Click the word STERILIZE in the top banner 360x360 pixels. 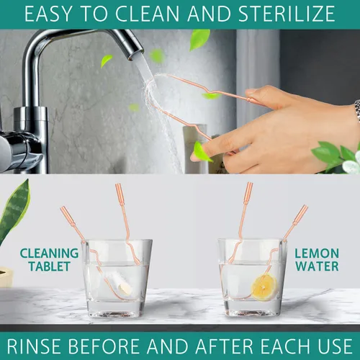pyautogui.click(x=287, y=14)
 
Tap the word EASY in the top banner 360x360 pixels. pyautogui.click(x=48, y=14)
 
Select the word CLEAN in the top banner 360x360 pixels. pyautogui.click(x=148, y=14)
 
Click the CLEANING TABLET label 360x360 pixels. pyautogui.click(x=49, y=260)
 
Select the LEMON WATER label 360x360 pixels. pyautogui.click(x=317, y=260)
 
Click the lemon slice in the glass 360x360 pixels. pyautogui.click(x=264, y=287)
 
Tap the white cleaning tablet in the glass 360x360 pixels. pyautogui.click(x=124, y=289)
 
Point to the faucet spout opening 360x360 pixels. pyautogui.click(x=136, y=55)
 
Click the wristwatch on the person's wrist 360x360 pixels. pyautogui.click(x=357, y=110)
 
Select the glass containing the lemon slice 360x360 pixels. pyautogui.click(x=252, y=278)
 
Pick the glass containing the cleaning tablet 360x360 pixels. pyautogui.click(x=117, y=279)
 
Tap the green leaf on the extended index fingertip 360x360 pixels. pyautogui.click(x=202, y=152)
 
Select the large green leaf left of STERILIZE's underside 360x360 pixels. pyautogui.click(x=199, y=40)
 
